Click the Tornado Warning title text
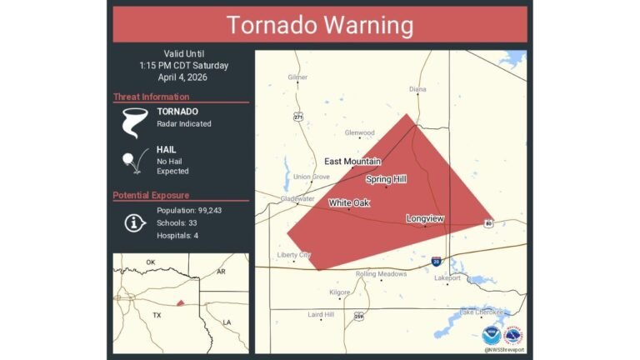pyautogui.click(x=320, y=25)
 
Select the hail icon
pyautogui.click(x=131, y=160)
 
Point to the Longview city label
pyautogui.click(x=425, y=218)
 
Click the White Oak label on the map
pyautogui.click(x=349, y=202)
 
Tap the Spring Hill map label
pyautogui.click(x=386, y=178)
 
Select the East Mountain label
pyautogui.click(x=352, y=161)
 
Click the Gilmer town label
pyautogui.click(x=297, y=77)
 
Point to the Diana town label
pyautogui.click(x=417, y=89)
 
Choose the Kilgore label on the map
pyautogui.click(x=340, y=292)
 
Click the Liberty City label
pyautogui.click(x=294, y=255)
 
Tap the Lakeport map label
pyautogui.click(x=447, y=278)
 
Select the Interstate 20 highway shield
pyautogui.click(x=436, y=262)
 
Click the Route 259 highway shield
pyautogui.click(x=359, y=316)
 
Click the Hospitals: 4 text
pyautogui.click(x=177, y=236)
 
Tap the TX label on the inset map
pyautogui.click(x=156, y=316)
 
